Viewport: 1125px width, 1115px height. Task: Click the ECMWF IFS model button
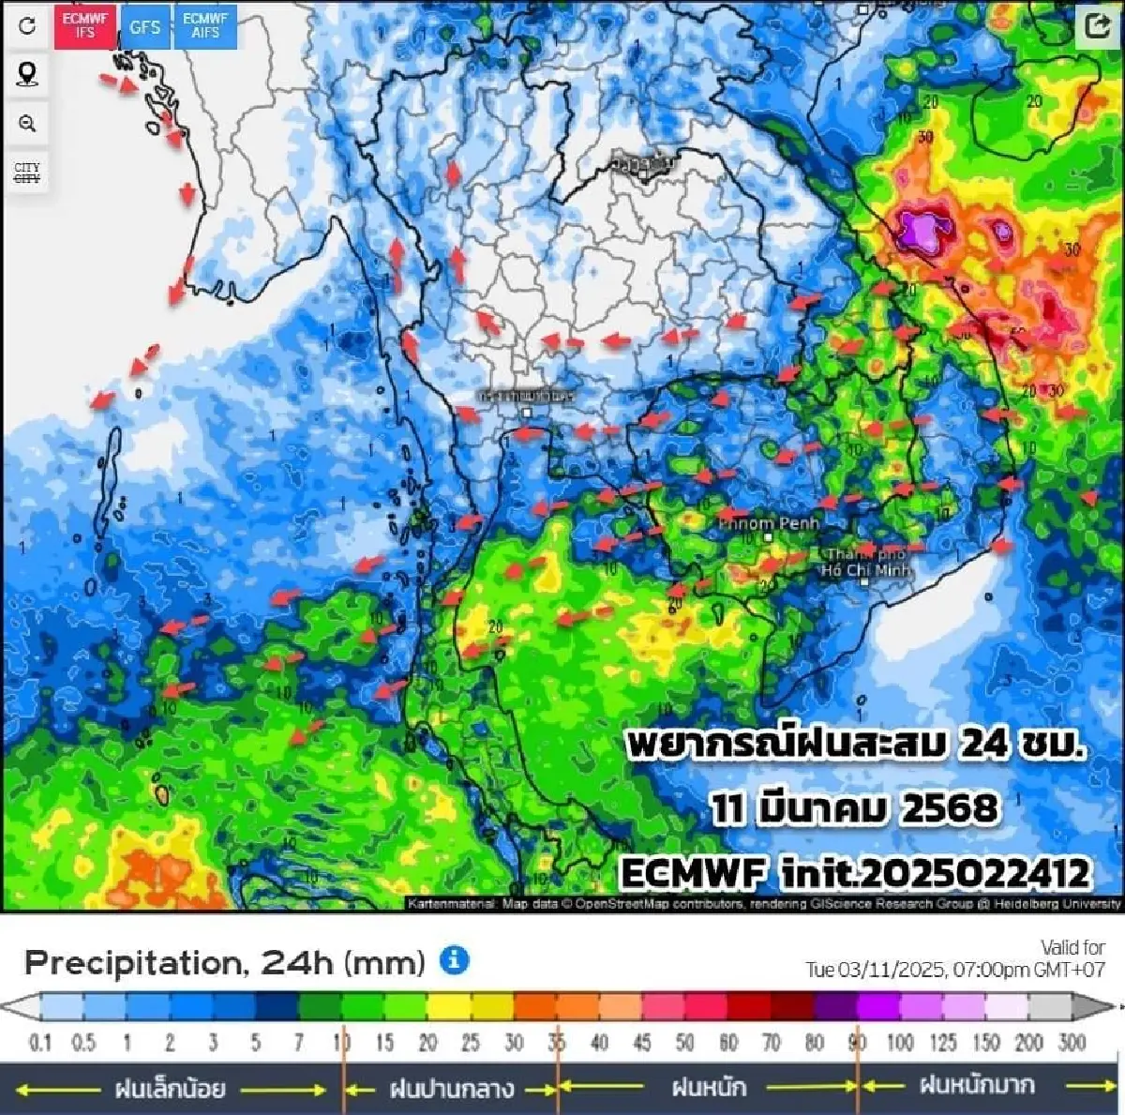(85, 25)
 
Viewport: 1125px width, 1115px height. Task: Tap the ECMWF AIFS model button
(205, 25)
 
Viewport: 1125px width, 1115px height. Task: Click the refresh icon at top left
(27, 25)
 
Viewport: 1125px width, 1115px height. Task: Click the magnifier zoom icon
(27, 123)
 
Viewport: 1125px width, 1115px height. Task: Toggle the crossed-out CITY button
(27, 173)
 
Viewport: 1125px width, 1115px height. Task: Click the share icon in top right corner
(1098, 25)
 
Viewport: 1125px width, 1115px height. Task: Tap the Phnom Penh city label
(770, 523)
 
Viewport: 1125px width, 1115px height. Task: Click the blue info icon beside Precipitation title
(455, 960)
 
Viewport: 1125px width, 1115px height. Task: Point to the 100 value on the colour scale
(900, 1043)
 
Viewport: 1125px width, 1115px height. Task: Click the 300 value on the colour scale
(1072, 1043)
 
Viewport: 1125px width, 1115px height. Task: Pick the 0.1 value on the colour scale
(40, 1043)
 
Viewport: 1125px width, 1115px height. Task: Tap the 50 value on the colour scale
(685, 1043)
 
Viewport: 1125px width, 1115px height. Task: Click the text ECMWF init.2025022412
(855, 873)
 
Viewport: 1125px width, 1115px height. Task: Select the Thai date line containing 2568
(853, 808)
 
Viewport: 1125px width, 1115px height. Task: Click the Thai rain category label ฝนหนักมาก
(977, 1086)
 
